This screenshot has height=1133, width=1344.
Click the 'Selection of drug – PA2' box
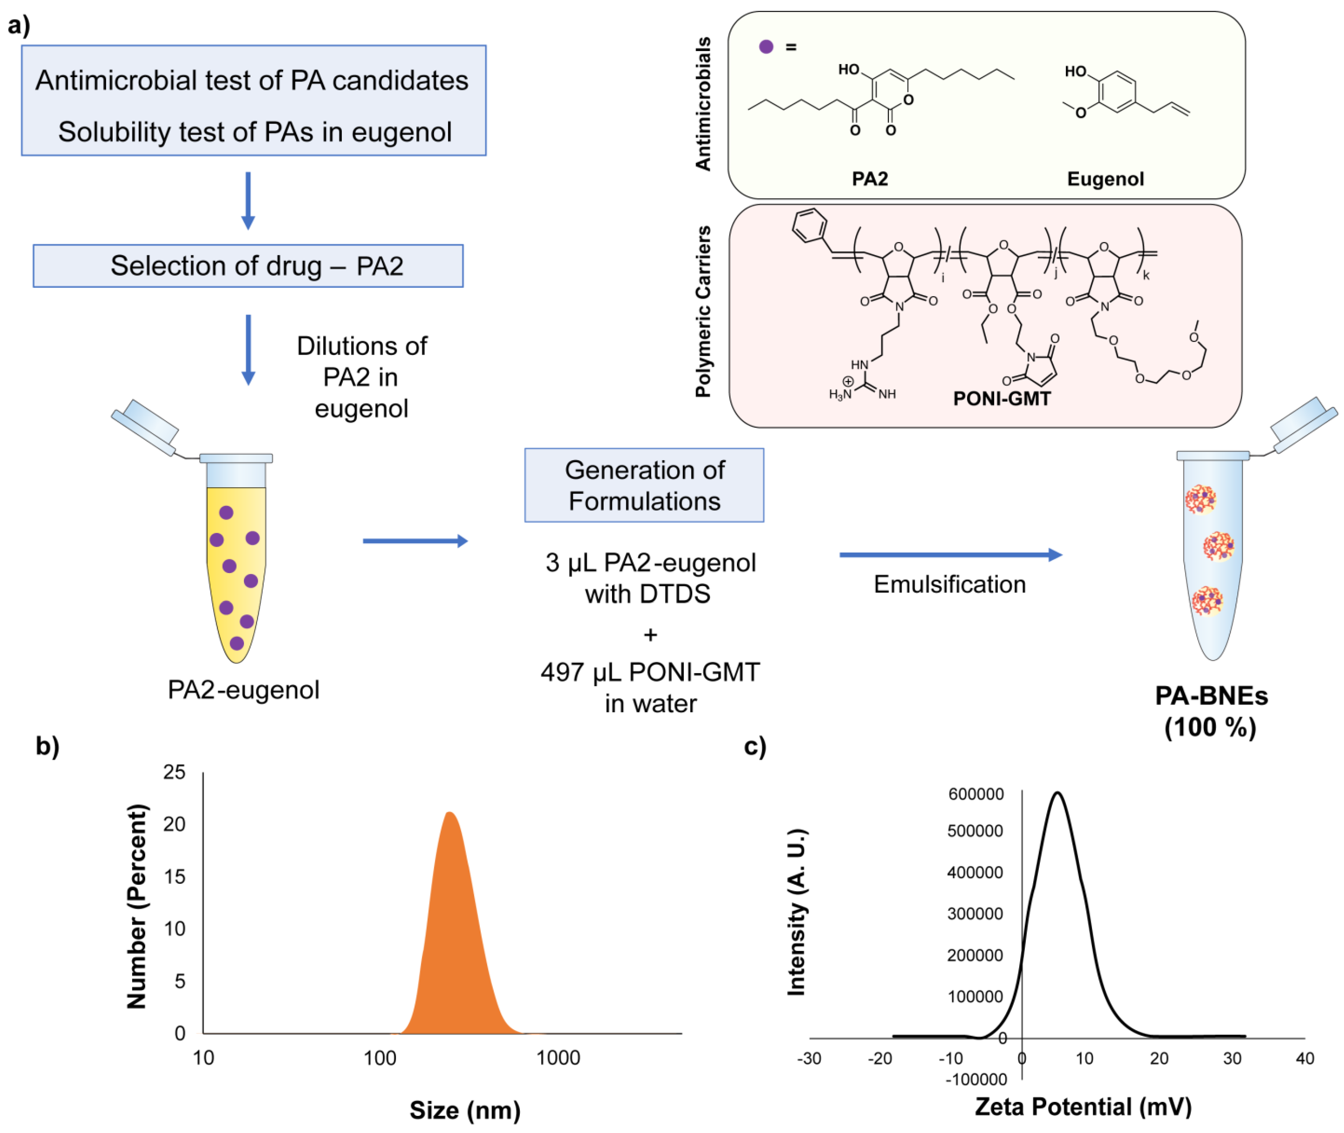[248, 266]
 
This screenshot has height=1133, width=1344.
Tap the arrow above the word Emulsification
[950, 555]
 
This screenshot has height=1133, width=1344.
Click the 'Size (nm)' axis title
[465, 1110]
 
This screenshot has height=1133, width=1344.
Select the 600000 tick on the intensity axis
[975, 794]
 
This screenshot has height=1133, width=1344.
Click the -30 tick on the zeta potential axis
[809, 1058]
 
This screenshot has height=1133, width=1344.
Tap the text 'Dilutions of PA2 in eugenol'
[361, 377]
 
